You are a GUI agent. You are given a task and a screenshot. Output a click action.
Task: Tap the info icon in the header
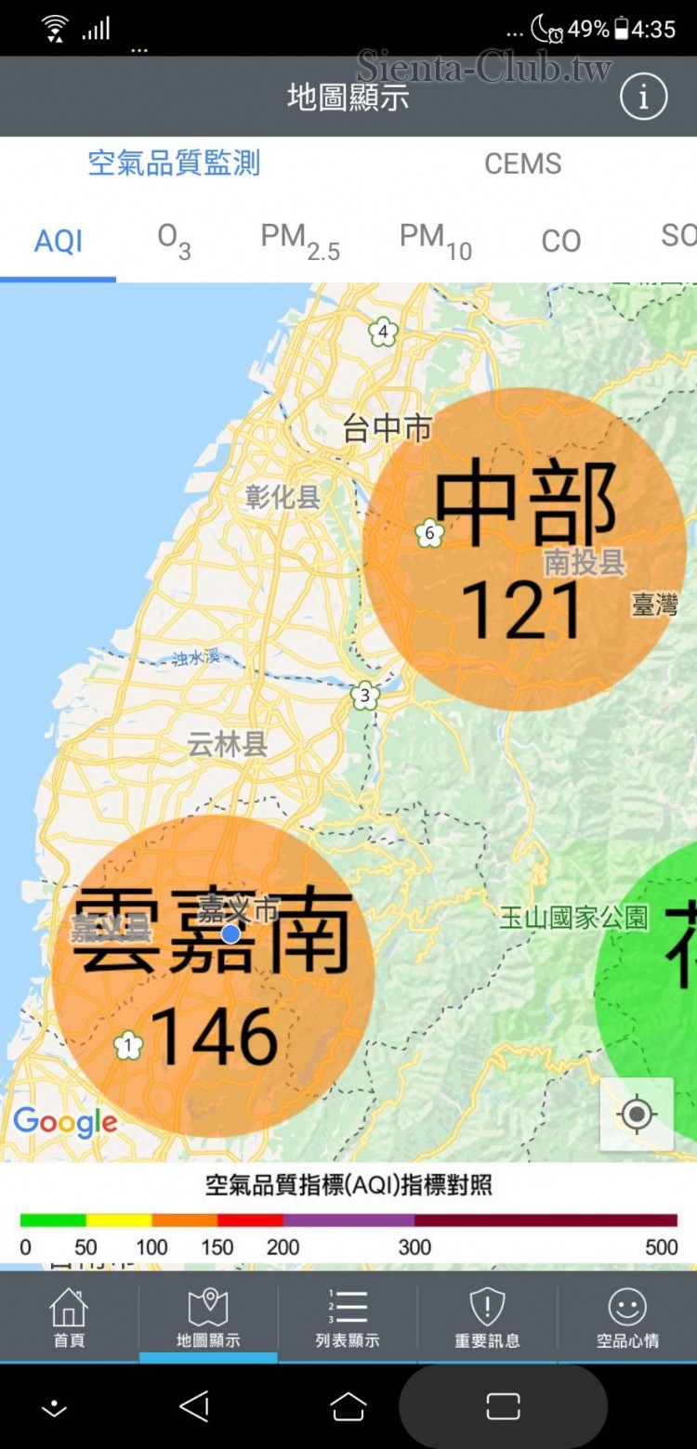(x=643, y=97)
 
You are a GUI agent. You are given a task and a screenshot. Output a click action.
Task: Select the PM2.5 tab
(x=299, y=241)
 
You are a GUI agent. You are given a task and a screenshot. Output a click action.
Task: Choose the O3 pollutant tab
(x=174, y=241)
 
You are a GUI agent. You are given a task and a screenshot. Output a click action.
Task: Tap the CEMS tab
(x=522, y=163)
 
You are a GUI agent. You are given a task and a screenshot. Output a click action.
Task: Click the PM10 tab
(x=435, y=241)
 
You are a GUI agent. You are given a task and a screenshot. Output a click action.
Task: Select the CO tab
(x=560, y=241)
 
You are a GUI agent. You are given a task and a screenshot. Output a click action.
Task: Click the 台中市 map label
(x=388, y=428)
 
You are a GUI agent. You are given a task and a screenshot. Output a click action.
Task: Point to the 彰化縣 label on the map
(x=283, y=497)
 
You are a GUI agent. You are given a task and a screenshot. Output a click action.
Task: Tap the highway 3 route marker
(x=365, y=695)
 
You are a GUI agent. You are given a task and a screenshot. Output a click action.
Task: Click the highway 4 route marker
(x=382, y=331)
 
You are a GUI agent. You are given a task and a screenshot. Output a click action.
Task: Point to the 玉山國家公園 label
(x=573, y=918)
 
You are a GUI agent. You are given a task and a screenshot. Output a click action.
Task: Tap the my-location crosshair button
(x=637, y=1114)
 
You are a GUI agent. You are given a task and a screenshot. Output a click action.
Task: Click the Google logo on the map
(x=65, y=1122)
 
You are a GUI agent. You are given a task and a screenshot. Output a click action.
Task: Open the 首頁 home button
(x=69, y=1317)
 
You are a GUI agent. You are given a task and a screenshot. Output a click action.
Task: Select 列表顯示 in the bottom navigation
(x=348, y=1317)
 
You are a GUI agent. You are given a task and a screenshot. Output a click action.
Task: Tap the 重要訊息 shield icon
(x=487, y=1308)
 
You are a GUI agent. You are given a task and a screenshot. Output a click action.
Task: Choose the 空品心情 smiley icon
(x=627, y=1308)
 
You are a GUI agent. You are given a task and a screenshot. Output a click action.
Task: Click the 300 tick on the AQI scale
(x=414, y=1247)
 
